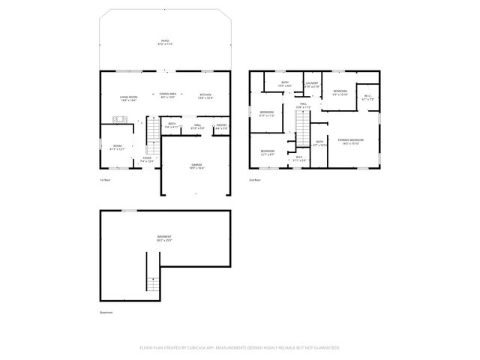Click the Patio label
pyautogui.click(x=164, y=43)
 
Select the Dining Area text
pyautogui.click(x=167, y=96)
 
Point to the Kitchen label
pyautogui.click(x=205, y=96)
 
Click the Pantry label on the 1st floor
pyautogui.click(x=221, y=127)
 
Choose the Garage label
pyautogui.click(x=196, y=166)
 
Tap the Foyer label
pyautogui.click(x=147, y=159)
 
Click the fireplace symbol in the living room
pyautogui.click(x=117, y=120)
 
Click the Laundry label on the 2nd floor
pyautogui.click(x=312, y=85)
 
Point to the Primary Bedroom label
pyautogui.click(x=352, y=141)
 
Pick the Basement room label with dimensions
pyautogui.click(x=164, y=239)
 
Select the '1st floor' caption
pyautogui.click(x=105, y=181)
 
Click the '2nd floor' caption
pyautogui.click(x=255, y=181)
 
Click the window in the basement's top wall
pyautogui.click(x=130, y=211)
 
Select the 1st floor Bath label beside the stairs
pyautogui.click(x=172, y=127)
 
